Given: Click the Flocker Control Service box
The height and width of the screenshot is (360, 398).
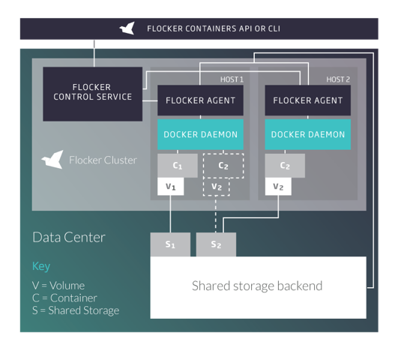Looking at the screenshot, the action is coord(93,94).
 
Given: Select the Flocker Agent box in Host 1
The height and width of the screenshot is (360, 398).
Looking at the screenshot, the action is coord(200,100).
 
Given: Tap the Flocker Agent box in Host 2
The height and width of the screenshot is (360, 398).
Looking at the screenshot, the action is coord(308,100).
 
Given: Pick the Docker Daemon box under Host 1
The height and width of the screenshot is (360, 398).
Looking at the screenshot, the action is coord(200,134).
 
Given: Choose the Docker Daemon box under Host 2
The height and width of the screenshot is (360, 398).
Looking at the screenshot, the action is coord(308,134).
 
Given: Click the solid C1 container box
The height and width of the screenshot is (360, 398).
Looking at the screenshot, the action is coord(178,166).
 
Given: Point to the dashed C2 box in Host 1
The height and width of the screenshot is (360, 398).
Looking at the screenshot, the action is coord(223,166).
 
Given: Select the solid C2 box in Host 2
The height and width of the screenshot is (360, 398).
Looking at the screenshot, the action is coord(285,166).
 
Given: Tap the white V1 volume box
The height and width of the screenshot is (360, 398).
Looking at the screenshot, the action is coord(171,187).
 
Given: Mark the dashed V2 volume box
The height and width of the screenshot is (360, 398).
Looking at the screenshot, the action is coord(217,187).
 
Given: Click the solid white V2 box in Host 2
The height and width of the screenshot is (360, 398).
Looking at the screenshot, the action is coord(278,187).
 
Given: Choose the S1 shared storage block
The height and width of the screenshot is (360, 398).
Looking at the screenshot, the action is coord(170,244).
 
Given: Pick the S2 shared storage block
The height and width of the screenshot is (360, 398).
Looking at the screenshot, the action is coord(216,244).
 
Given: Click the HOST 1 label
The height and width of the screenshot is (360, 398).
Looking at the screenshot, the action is coord(232,79).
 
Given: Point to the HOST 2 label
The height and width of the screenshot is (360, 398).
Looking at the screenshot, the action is coord(338,79).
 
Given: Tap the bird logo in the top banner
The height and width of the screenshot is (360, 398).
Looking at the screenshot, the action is coord(127,28).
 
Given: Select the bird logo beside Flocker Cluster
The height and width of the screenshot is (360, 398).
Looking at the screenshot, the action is coord(52,160).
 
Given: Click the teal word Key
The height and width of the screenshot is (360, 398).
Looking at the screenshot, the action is coord(41,266).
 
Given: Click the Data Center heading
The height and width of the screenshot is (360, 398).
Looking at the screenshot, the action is coord(69,237).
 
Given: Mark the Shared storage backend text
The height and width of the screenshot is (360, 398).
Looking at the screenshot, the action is coord(257,286).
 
